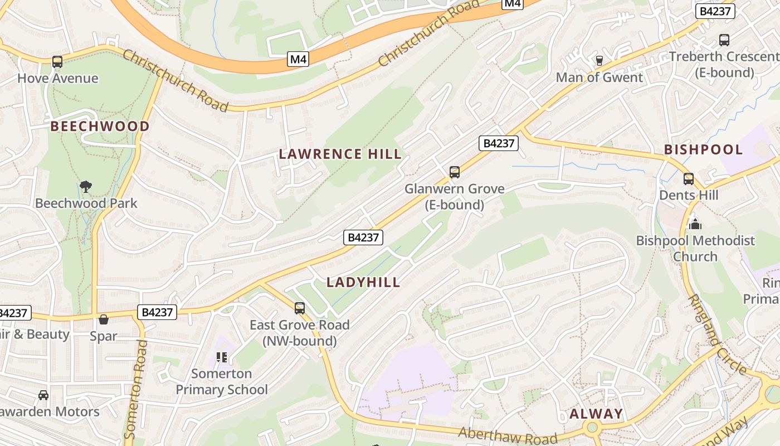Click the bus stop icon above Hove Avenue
point(57,62)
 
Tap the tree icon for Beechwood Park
point(85,187)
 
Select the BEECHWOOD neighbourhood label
point(100,127)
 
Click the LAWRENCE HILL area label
point(340,154)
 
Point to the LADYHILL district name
point(363,282)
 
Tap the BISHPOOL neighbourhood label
point(703,149)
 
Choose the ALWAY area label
point(596,414)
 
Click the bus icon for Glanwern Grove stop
point(455,172)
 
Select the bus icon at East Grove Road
point(300,308)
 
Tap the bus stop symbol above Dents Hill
point(689,179)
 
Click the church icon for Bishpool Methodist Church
point(695,224)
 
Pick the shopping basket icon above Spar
point(104,319)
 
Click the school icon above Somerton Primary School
point(222,357)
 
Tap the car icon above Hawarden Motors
point(43,395)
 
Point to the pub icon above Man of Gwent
point(599,61)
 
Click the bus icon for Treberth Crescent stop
point(724,40)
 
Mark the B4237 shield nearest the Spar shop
point(157,312)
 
